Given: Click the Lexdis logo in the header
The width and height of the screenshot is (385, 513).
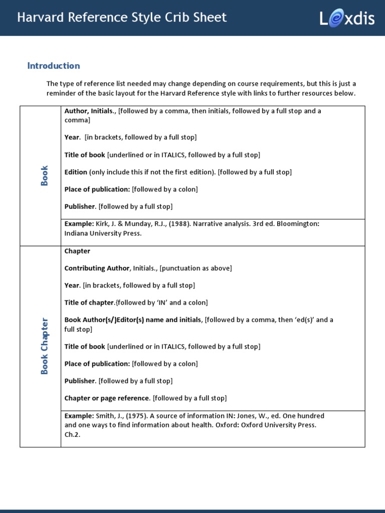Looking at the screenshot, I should [x=347, y=19].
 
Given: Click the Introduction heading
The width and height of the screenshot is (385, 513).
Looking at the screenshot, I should [x=54, y=66].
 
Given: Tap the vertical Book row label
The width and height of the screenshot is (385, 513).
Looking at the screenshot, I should [x=45, y=176].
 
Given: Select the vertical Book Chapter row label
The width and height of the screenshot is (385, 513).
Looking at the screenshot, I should [x=45, y=346].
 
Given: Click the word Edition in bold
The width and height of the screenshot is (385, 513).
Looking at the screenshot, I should [x=76, y=172].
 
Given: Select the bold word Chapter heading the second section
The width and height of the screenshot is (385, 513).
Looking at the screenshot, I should [x=77, y=251].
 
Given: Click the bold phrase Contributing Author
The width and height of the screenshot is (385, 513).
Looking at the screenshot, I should [x=97, y=268].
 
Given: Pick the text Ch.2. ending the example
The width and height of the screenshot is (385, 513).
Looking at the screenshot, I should [x=72, y=434].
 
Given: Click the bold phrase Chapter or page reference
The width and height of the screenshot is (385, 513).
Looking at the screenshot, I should [x=107, y=398].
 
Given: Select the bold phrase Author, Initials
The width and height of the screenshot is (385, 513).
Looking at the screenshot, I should [x=89, y=111].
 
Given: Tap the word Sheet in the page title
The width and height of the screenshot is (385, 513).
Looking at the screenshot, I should [x=211, y=18].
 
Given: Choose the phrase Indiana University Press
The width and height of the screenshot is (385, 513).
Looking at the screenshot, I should [x=103, y=233].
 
